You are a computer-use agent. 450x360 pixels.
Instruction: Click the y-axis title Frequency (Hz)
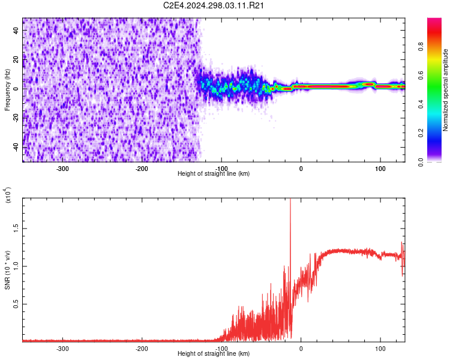7,91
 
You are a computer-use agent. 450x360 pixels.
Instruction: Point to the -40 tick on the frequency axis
15,147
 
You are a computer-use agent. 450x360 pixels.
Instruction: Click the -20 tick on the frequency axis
15,118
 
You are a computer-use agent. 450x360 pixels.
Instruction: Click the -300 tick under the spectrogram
63,169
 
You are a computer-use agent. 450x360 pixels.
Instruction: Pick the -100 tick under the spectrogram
221,169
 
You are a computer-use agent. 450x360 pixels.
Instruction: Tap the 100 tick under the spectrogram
380,169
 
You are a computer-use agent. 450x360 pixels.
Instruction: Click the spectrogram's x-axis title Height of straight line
214,174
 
